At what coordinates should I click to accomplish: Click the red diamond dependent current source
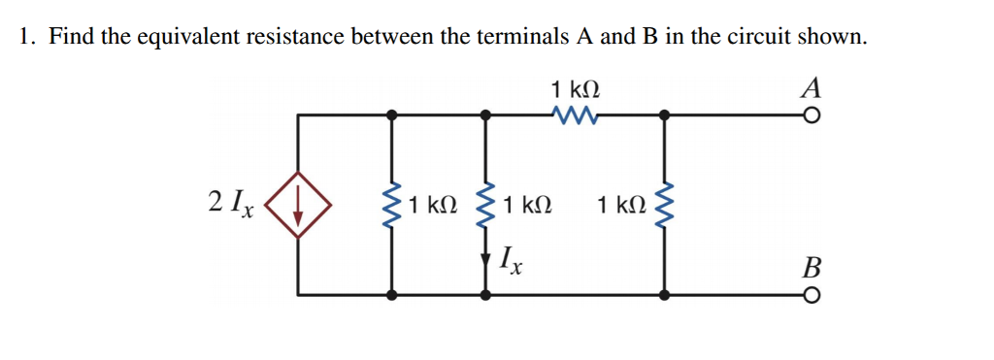click(x=297, y=205)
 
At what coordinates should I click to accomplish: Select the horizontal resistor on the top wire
click(x=574, y=115)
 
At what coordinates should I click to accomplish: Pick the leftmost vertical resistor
click(x=392, y=204)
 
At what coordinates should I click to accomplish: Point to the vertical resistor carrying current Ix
click(x=486, y=204)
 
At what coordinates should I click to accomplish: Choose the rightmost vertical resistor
click(x=664, y=204)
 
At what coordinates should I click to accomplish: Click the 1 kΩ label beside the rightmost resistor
click(x=620, y=205)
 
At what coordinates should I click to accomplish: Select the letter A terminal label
click(x=812, y=88)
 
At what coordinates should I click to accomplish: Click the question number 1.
click(x=27, y=38)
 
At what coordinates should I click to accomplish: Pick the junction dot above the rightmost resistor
click(x=664, y=115)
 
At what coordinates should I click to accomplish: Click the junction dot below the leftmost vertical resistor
click(x=392, y=294)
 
